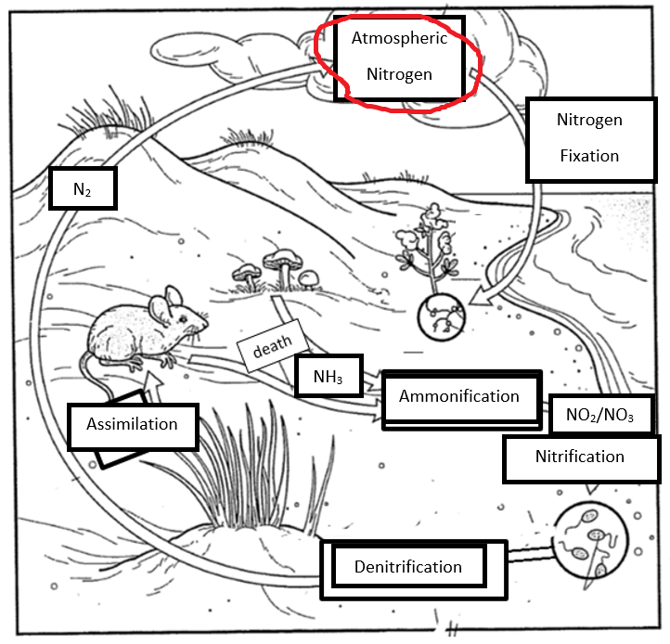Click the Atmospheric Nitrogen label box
point(399,58)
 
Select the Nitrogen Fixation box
point(588,138)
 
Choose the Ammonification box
point(459,397)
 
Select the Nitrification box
point(579,457)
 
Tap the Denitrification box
point(407,566)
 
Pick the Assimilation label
point(132,425)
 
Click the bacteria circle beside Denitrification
point(586,543)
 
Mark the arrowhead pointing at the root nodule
point(478,297)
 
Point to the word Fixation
point(588,156)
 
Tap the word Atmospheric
point(399,38)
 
